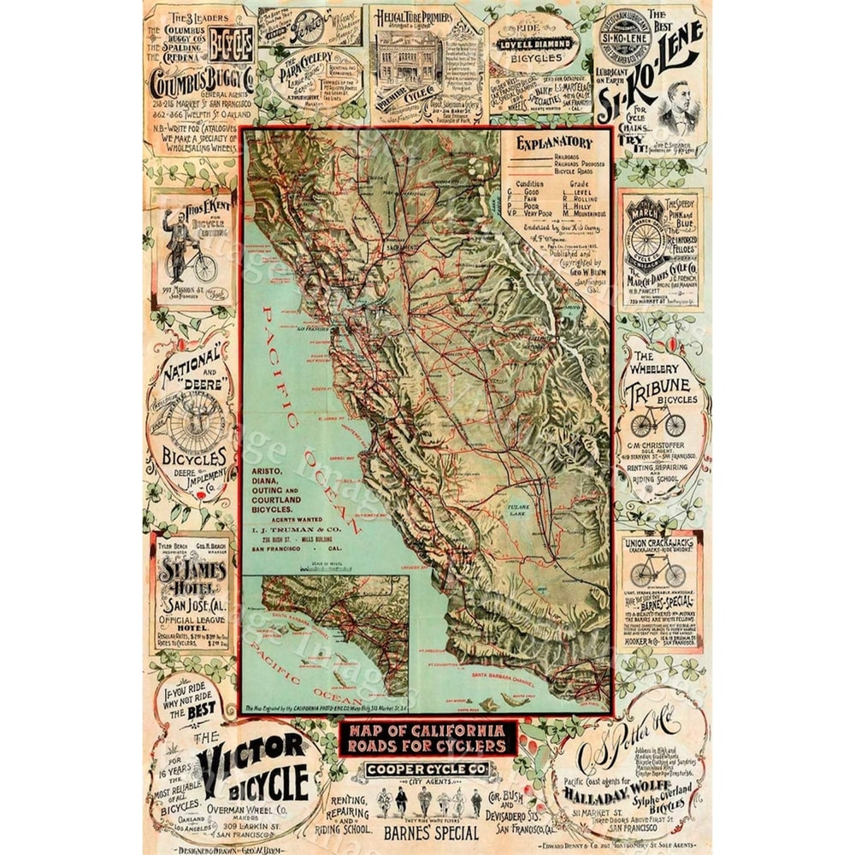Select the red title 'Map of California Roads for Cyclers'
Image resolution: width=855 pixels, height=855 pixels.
point(427,738)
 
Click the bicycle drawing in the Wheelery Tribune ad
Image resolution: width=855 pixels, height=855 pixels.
point(656,419)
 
